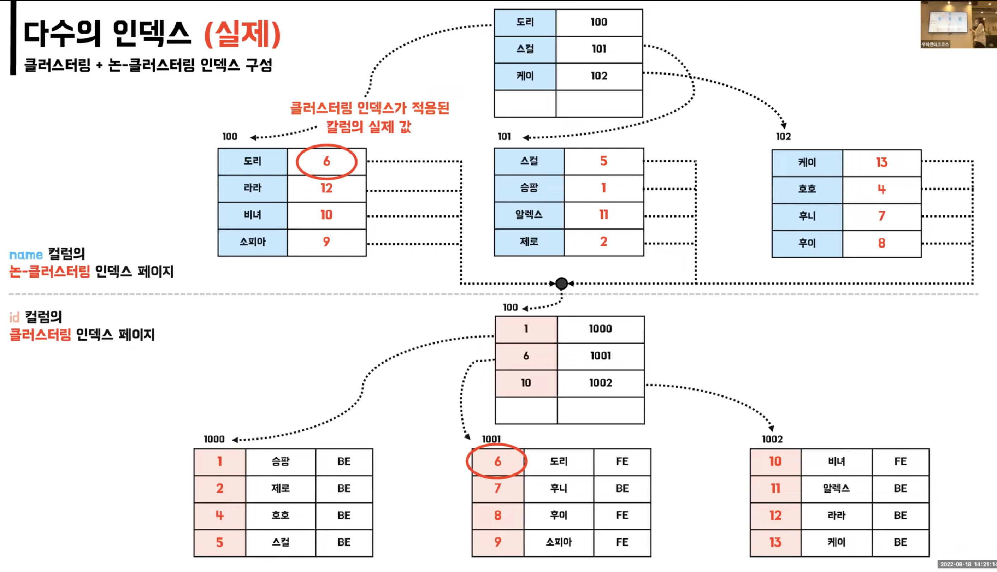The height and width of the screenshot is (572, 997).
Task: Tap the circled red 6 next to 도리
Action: click(x=326, y=161)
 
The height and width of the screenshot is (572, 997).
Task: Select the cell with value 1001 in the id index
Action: click(x=600, y=356)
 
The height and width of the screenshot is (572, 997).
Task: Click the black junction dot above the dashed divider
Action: click(x=562, y=283)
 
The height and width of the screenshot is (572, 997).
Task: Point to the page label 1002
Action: click(x=772, y=439)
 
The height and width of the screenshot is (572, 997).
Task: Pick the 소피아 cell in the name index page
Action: click(x=252, y=242)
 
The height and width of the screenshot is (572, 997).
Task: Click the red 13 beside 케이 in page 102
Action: click(x=881, y=163)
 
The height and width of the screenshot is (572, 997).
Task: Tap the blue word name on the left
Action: click(x=26, y=255)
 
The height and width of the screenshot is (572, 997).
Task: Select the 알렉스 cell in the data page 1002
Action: click(x=836, y=488)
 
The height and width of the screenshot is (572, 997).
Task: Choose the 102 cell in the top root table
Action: click(x=599, y=76)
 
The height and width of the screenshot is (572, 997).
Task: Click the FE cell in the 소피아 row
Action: click(x=622, y=542)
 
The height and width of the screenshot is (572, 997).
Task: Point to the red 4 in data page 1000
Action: click(x=219, y=515)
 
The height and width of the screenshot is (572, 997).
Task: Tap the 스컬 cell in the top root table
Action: click(x=525, y=49)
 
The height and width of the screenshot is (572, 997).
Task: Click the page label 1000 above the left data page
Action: click(x=214, y=439)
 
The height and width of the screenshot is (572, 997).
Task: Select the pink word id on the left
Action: click(x=14, y=317)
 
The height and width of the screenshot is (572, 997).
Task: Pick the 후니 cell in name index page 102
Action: click(x=807, y=216)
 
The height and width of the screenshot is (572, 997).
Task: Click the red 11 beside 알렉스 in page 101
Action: click(x=603, y=215)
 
